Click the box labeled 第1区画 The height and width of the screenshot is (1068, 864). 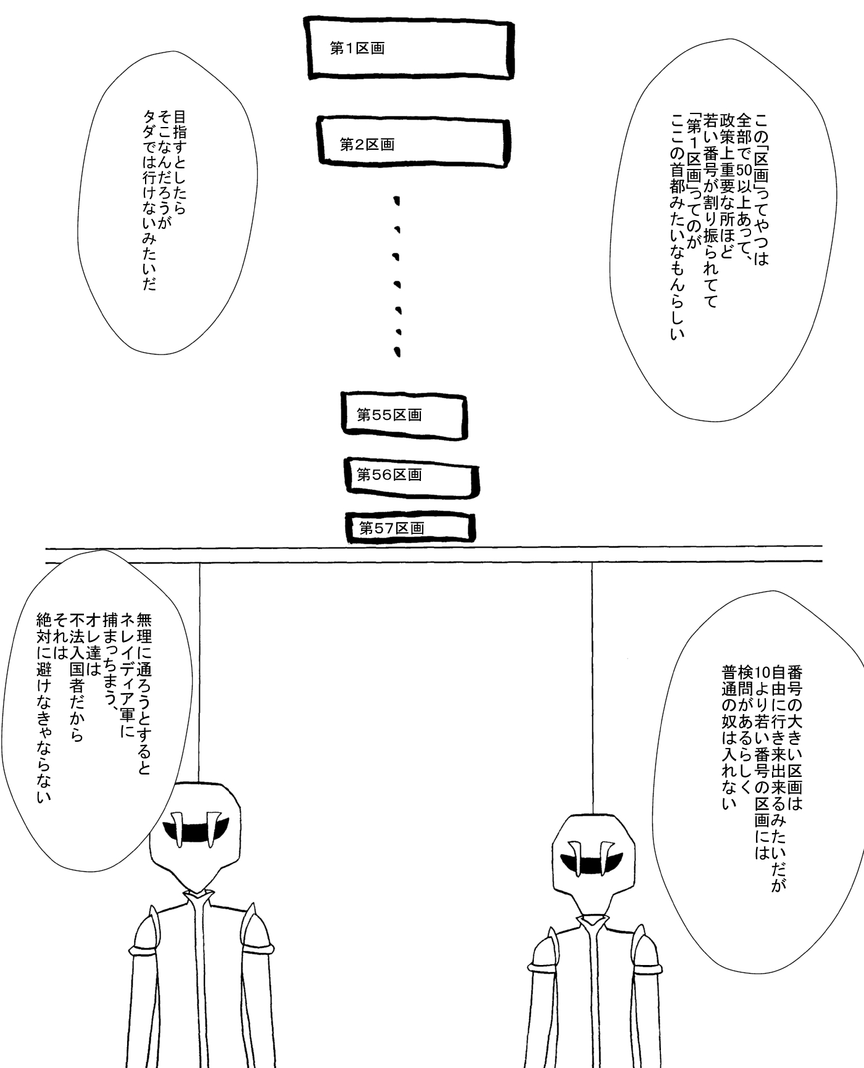tap(410, 49)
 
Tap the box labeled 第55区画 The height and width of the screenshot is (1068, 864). tap(404, 416)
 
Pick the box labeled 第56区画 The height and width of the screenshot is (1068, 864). tap(411, 475)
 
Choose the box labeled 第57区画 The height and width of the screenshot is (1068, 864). tap(410, 528)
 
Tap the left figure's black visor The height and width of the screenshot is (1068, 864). tap(196, 827)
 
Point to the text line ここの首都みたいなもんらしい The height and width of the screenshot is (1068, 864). tap(678, 226)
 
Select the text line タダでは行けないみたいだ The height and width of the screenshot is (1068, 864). tap(149, 200)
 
